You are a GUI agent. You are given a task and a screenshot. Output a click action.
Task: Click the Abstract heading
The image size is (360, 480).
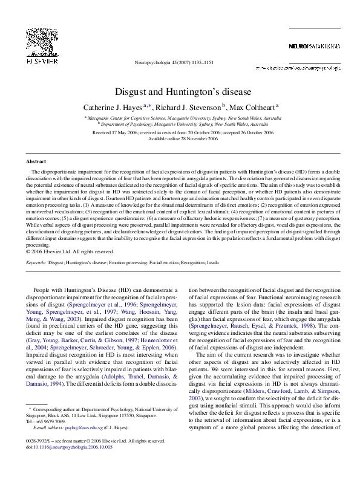point(36,162)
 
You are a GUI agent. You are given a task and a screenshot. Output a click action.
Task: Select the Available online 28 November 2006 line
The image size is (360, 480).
point(183,138)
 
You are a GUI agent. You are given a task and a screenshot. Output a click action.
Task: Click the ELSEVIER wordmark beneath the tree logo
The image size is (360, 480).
point(40,62)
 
